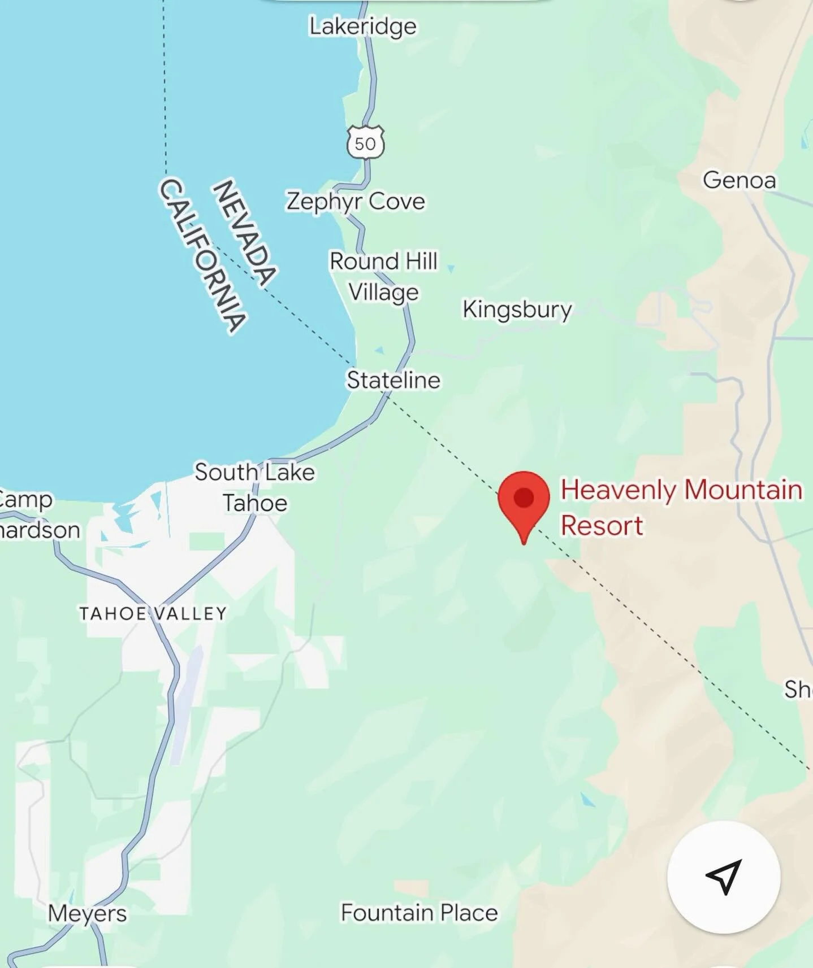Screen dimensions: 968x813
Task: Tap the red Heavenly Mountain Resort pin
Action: point(524,500)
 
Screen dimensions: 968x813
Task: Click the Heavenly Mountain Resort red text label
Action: point(681,507)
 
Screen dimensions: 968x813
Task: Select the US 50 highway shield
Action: point(365,143)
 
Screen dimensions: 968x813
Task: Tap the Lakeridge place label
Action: point(362,27)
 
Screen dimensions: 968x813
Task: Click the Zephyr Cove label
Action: point(355,201)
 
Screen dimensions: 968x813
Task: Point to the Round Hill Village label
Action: point(383,277)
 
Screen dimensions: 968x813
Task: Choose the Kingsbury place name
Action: point(517,309)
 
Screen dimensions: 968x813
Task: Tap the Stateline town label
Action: point(393,380)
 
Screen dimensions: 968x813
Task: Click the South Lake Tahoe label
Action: point(254,487)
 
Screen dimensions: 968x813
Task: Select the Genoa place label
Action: point(739,180)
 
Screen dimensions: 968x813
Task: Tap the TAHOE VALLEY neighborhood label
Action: point(153,613)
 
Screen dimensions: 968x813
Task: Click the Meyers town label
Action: point(87,913)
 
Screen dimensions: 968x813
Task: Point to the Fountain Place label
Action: point(419,913)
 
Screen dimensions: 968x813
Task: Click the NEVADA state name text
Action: point(244,232)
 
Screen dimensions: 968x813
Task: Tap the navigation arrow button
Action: point(724,877)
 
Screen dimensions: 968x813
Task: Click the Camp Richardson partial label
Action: point(34,514)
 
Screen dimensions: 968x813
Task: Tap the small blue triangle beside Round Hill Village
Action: point(451,269)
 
